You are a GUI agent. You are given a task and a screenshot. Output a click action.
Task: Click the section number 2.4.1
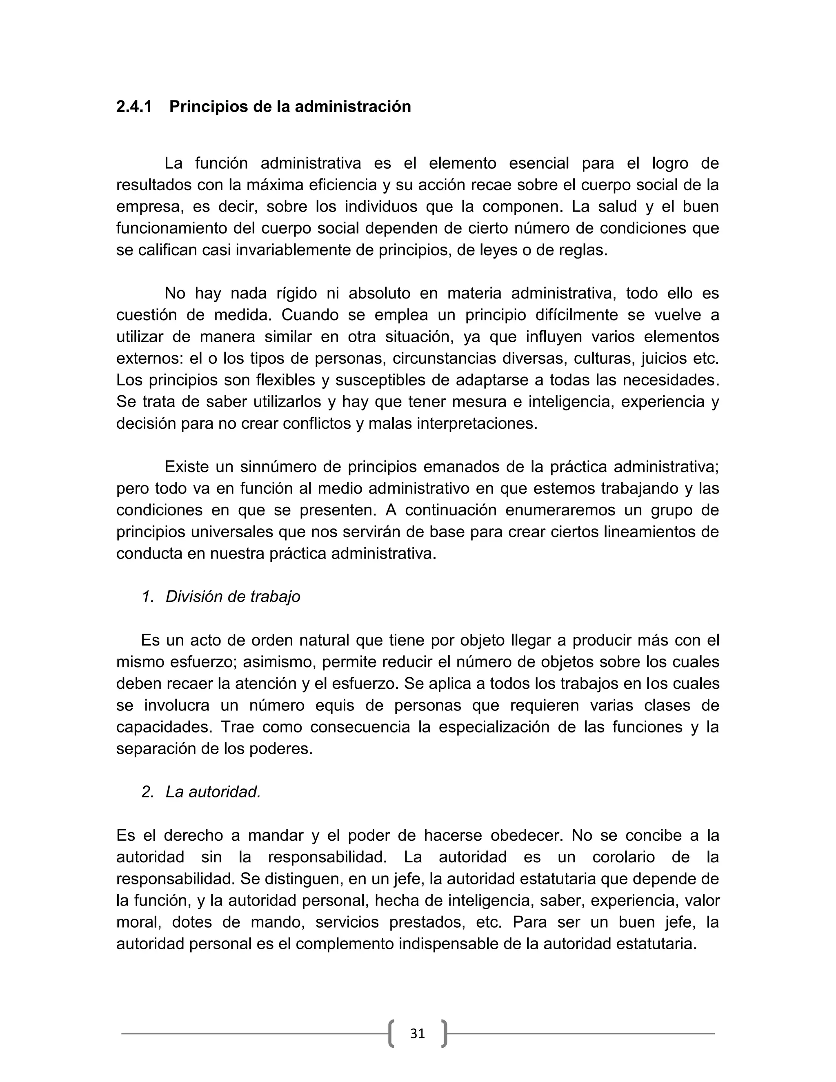[x=134, y=107]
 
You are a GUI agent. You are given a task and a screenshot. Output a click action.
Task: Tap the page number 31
[x=418, y=1033]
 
